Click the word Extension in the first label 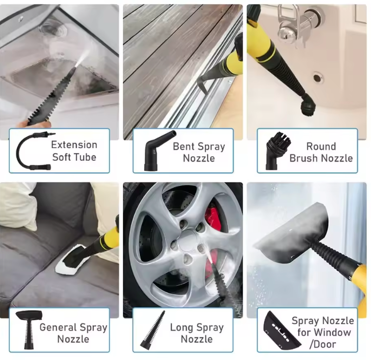pyautogui.click(x=74, y=145)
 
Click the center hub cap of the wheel pyautogui.click(x=188, y=241)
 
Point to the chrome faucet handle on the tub pyautogui.click(x=287, y=33)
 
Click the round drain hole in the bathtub pyautogui.click(x=318, y=78)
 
